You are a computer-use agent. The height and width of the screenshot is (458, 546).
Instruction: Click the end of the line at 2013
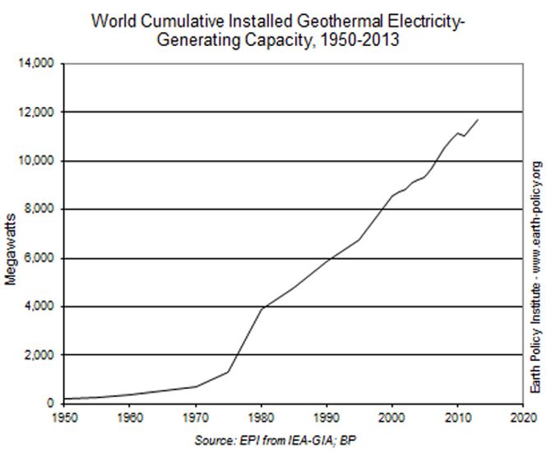478,120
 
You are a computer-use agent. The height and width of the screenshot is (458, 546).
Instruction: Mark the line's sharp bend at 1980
261,308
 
